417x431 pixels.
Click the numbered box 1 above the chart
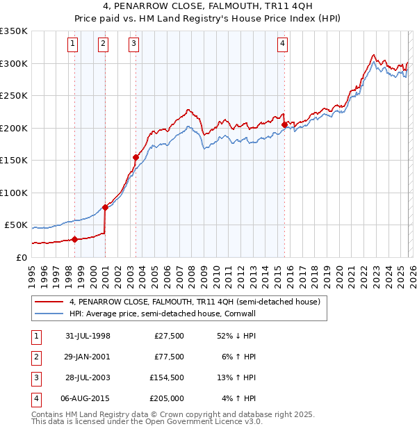(x=73, y=44)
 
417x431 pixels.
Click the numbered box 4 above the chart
(x=283, y=44)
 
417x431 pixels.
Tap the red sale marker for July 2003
(x=136, y=157)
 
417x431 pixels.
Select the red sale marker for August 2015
(x=284, y=125)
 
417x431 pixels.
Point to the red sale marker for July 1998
(x=74, y=240)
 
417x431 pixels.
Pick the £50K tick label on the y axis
(x=16, y=225)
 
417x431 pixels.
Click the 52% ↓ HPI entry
(x=236, y=336)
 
